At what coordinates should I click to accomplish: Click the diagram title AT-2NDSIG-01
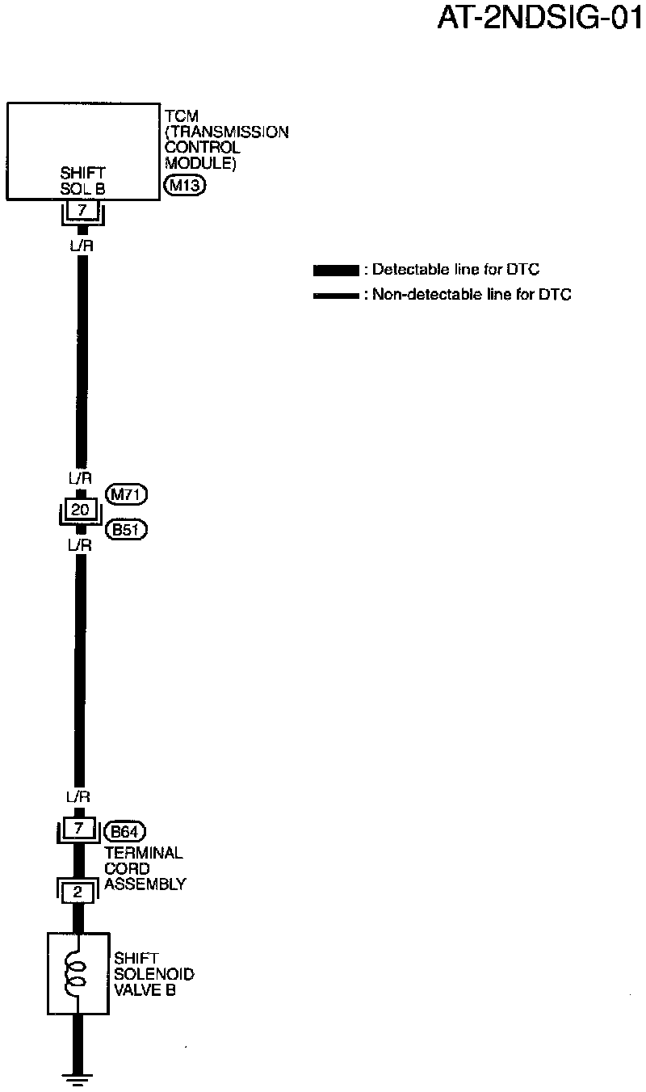point(539,18)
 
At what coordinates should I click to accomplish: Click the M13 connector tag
point(185,185)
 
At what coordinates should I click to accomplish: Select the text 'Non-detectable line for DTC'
point(472,296)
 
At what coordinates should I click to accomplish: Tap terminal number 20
point(80,510)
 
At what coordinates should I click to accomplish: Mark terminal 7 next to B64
point(78,829)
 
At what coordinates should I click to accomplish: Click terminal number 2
point(78,892)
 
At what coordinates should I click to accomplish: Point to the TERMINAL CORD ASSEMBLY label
point(145,868)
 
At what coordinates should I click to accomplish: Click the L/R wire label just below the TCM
point(82,246)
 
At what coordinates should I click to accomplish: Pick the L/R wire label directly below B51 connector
point(80,545)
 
